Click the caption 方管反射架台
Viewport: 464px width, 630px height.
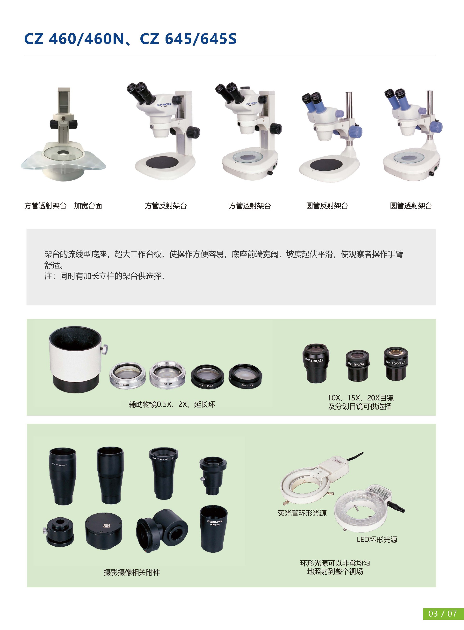click(166, 206)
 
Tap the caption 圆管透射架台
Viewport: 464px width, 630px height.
click(411, 206)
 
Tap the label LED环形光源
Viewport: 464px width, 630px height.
click(377, 539)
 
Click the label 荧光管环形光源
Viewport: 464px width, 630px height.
click(302, 513)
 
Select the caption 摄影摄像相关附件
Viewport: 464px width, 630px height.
click(132, 572)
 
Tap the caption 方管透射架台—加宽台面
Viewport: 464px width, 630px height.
click(63, 206)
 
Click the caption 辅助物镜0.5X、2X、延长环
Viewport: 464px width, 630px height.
click(172, 404)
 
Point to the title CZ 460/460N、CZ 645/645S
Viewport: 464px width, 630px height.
click(130, 39)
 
